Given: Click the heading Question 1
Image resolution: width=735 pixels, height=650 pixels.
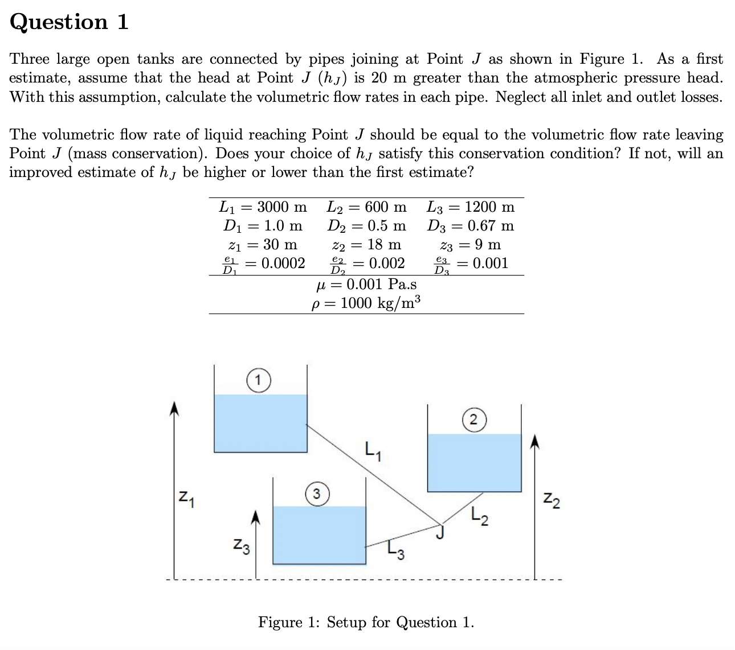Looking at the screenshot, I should (x=69, y=22).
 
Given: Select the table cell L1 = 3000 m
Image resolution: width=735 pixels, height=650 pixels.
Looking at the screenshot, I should (x=263, y=207).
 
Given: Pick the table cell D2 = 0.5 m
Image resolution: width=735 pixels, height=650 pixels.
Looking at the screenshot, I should (x=366, y=225).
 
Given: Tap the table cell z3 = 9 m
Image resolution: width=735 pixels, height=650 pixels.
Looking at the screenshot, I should (x=471, y=245).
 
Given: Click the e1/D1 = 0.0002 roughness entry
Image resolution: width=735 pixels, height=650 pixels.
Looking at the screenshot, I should (x=263, y=264).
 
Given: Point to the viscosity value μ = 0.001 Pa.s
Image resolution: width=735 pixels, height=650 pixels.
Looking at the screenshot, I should (x=366, y=284).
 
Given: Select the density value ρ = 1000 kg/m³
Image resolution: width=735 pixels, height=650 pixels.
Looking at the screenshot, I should (x=366, y=303).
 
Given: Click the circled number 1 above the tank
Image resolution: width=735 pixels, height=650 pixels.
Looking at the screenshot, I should (x=258, y=380).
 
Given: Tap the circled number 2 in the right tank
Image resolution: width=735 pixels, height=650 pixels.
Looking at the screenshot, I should (x=473, y=420).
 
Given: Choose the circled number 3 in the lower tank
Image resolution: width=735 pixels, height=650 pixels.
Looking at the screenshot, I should (x=318, y=492).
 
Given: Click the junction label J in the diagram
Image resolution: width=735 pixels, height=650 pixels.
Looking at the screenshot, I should (x=439, y=533).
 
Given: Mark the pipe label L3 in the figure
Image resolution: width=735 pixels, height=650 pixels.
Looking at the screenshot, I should (x=395, y=550).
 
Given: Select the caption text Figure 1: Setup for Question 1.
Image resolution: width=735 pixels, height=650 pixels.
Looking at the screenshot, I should (x=366, y=622).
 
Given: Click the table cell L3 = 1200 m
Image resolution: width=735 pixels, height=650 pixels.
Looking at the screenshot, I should (x=471, y=207).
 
